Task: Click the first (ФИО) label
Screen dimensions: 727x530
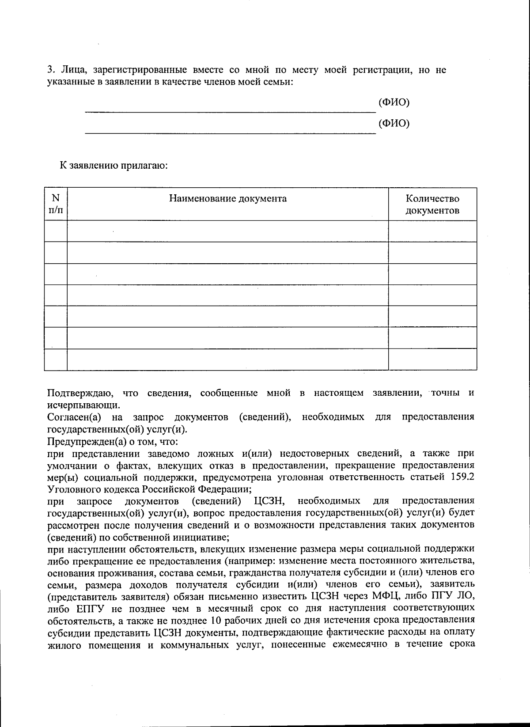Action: point(394,102)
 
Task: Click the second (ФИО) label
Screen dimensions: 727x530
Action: point(394,123)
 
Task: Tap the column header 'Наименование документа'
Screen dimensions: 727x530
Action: point(228,198)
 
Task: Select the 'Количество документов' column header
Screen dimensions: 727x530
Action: point(432,204)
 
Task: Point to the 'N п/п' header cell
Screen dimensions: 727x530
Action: point(56,204)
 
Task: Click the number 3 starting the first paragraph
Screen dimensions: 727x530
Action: point(50,70)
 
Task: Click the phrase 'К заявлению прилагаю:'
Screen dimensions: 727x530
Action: point(114,166)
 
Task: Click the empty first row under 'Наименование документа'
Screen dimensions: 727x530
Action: point(228,231)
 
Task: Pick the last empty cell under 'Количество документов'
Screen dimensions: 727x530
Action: point(432,359)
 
